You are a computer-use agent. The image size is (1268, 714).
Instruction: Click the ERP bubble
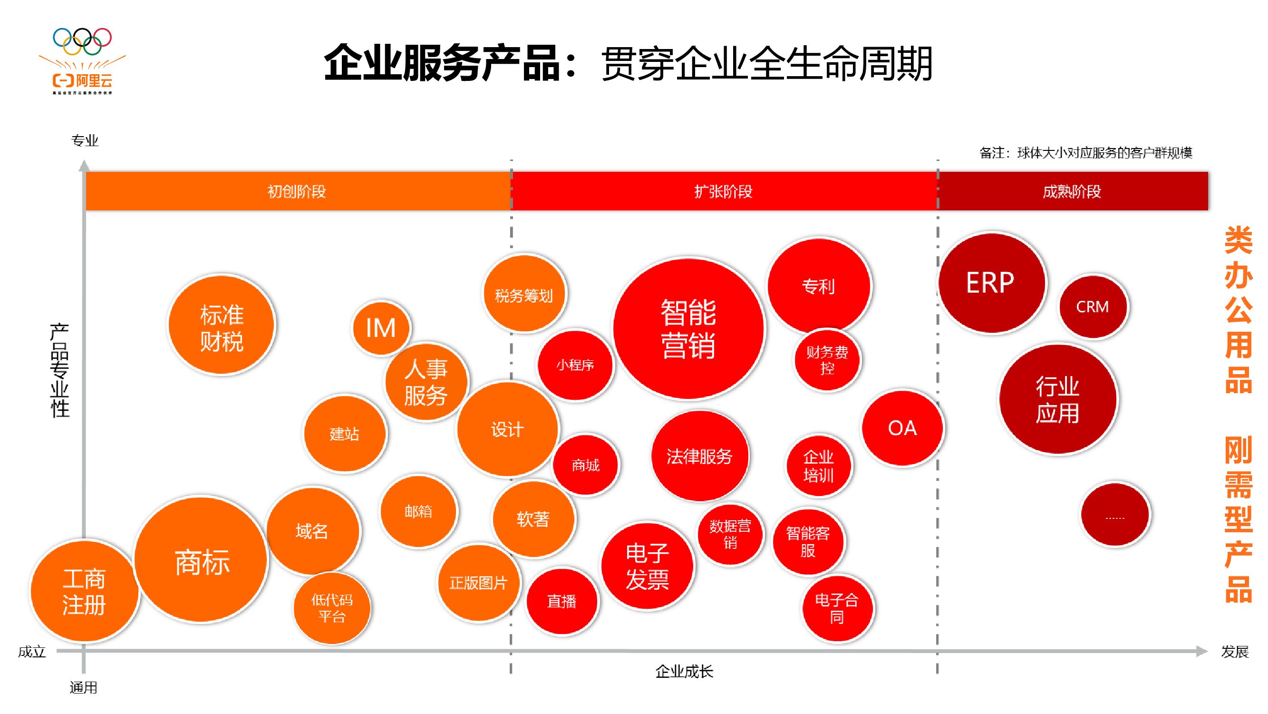(x=991, y=283)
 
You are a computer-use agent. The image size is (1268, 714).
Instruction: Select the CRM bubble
(x=1092, y=307)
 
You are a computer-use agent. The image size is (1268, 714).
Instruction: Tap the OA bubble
(x=902, y=428)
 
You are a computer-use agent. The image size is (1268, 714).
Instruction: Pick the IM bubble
(x=381, y=327)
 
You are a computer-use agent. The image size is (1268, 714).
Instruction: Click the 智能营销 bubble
(x=688, y=328)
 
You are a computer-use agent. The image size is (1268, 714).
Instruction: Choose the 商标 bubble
(x=201, y=561)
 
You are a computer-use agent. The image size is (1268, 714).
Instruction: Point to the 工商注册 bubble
(x=84, y=591)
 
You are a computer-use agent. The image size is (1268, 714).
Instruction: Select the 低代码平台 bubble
(x=332, y=608)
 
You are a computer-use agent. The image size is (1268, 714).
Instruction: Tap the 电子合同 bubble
(x=837, y=608)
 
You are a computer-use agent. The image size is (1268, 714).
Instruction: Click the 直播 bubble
(x=561, y=601)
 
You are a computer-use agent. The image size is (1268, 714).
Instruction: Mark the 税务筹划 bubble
(x=524, y=295)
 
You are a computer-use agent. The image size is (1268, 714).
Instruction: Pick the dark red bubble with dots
(x=1115, y=515)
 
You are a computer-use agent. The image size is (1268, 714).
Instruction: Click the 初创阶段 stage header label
(x=297, y=191)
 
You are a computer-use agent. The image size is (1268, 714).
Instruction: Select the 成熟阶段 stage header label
(x=1072, y=191)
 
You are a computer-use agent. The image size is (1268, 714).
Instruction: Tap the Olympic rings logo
(x=82, y=41)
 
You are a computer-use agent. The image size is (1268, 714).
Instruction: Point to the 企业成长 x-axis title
(x=684, y=671)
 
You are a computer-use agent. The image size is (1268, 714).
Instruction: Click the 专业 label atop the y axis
(x=85, y=141)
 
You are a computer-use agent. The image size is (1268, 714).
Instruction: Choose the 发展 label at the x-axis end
(x=1235, y=652)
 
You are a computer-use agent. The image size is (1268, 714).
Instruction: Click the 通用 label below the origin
(x=83, y=687)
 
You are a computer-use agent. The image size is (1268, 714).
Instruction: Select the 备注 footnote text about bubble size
(x=1085, y=153)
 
